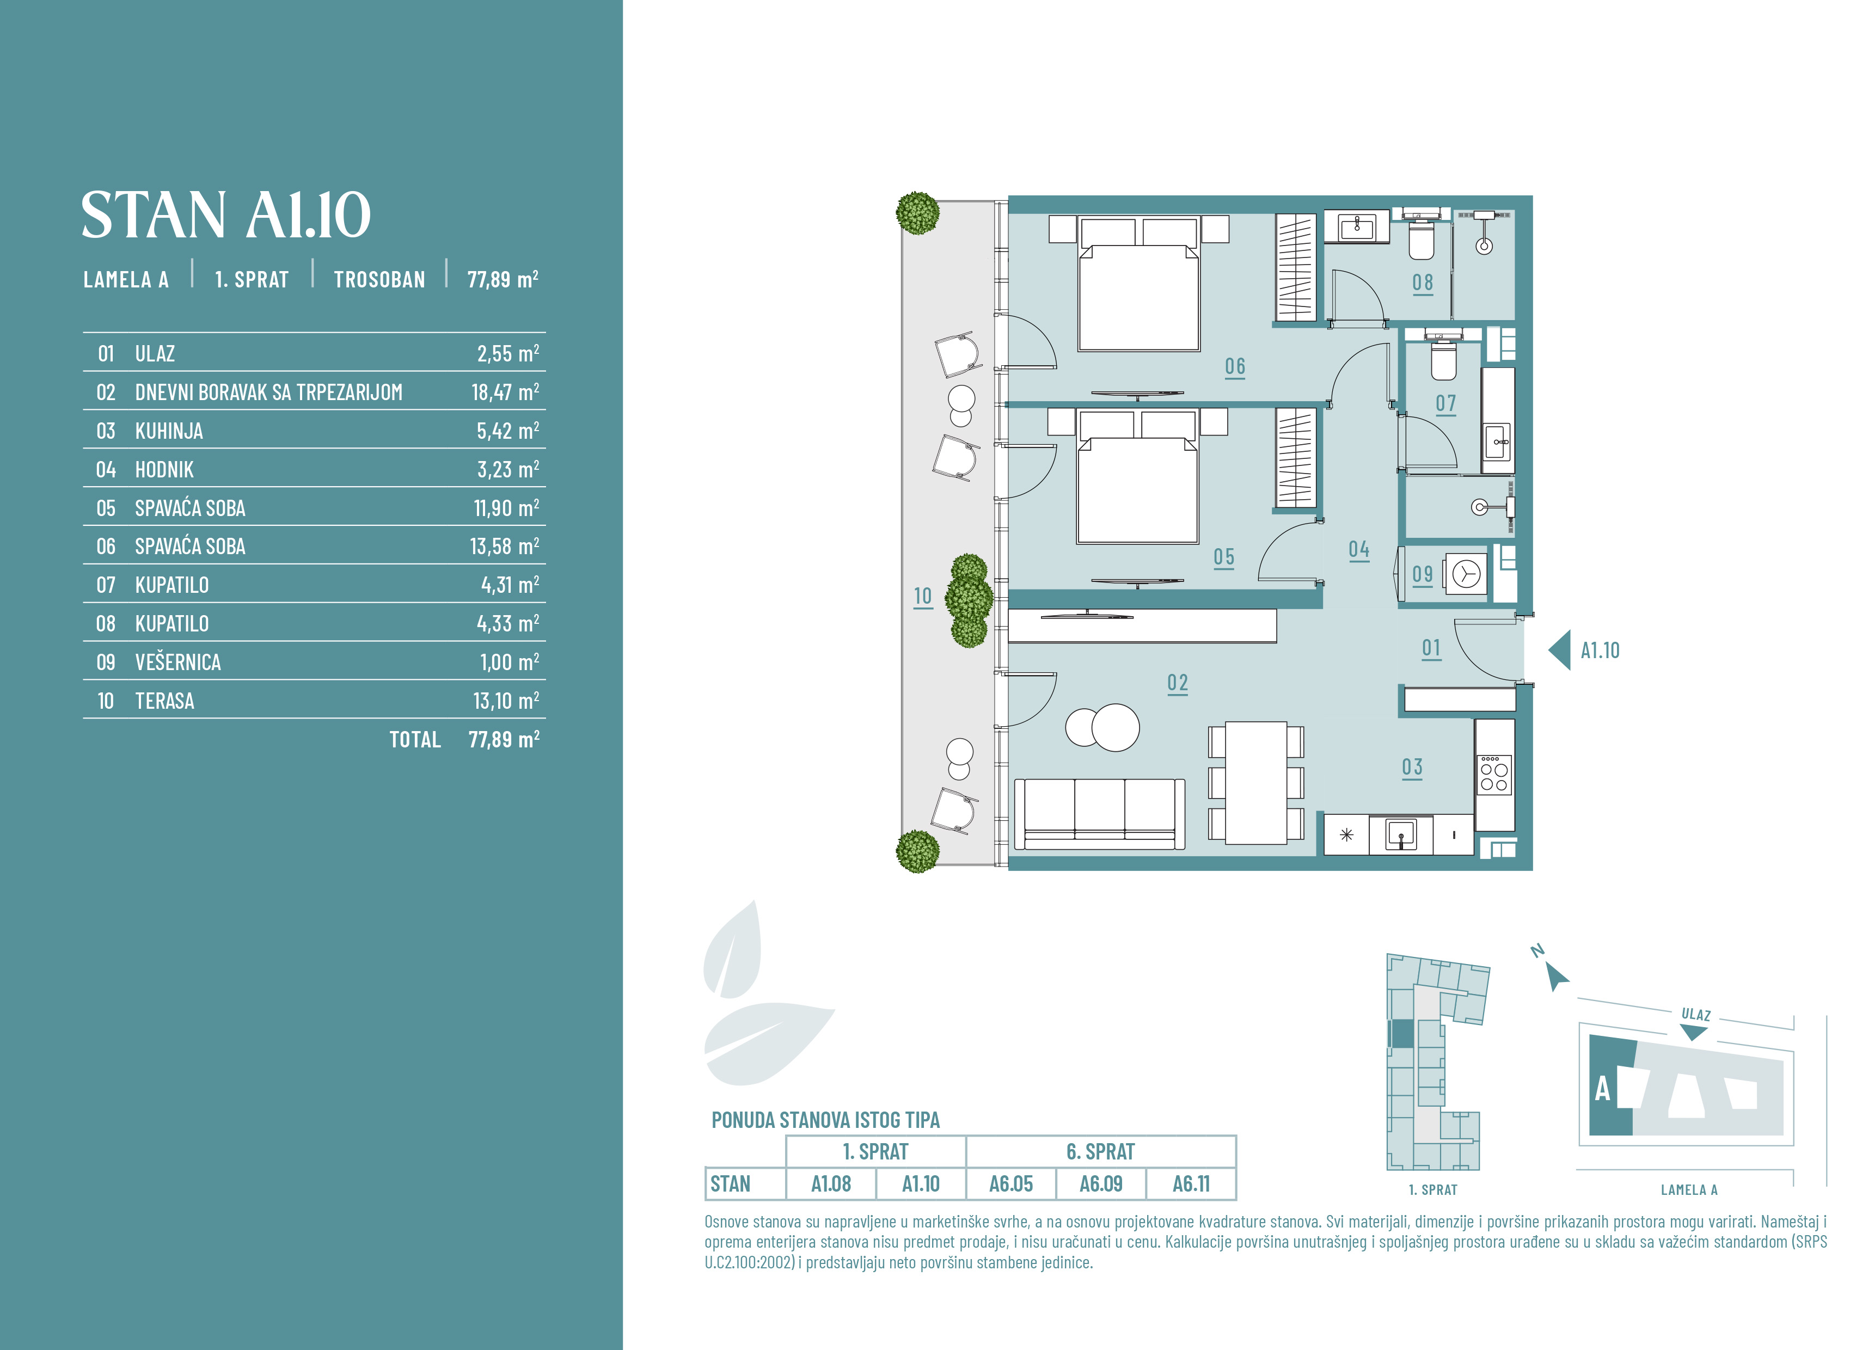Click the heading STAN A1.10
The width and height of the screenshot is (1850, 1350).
point(225,215)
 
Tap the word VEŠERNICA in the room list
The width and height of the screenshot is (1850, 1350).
point(178,662)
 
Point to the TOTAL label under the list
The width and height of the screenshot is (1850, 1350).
point(415,740)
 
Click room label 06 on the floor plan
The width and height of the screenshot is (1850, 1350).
point(1235,366)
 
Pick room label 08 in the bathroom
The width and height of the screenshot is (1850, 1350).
point(1423,282)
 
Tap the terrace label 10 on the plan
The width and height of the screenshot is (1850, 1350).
point(922,597)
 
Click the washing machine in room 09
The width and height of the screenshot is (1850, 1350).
point(1465,574)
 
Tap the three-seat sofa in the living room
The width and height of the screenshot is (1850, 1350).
point(1099,813)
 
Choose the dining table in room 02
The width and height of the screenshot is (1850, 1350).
point(1257,782)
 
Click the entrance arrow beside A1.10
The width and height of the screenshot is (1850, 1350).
point(1559,651)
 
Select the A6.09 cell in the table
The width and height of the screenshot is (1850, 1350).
point(1101,1184)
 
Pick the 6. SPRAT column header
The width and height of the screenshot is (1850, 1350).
point(1101,1151)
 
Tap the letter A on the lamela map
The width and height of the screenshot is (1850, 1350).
point(1602,1089)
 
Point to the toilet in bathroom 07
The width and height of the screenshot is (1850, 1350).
point(1444,360)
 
